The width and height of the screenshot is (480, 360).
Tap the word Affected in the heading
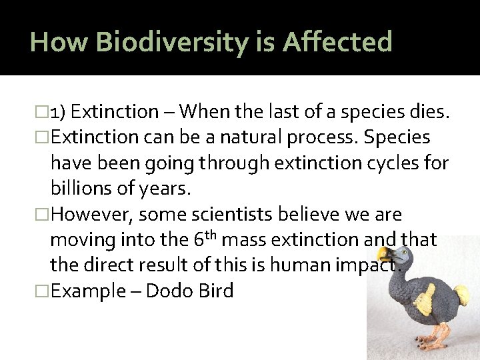click(337, 43)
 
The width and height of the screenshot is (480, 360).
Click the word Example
click(86, 291)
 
